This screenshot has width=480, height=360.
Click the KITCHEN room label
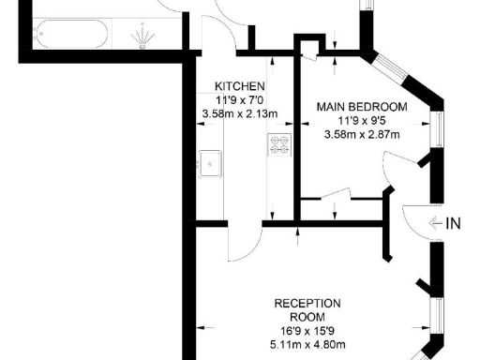click(232, 84)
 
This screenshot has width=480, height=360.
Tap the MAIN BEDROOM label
click(362, 106)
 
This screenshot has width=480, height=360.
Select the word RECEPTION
click(307, 303)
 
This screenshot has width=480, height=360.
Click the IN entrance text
click(454, 223)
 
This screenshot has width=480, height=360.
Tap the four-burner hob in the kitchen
click(279, 144)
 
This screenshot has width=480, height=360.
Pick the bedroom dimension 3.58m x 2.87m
click(362, 135)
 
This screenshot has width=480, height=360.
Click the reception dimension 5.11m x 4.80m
click(307, 345)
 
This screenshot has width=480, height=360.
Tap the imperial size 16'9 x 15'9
click(307, 331)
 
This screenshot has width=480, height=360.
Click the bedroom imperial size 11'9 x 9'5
click(362, 121)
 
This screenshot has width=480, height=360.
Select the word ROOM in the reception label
click(307, 317)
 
